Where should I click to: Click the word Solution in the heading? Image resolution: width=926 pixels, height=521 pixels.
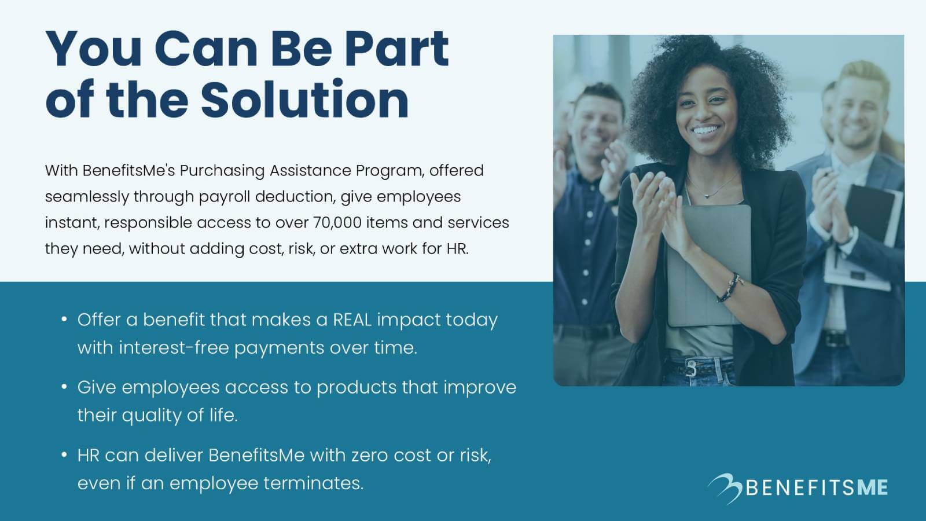coord(304,100)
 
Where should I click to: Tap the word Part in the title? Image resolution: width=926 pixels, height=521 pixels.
coord(396,49)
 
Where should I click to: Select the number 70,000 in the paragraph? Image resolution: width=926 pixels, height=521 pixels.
coord(337,223)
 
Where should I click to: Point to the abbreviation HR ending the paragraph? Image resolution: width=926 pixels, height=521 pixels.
coord(456,249)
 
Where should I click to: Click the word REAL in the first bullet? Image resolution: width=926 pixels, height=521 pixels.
coord(352,320)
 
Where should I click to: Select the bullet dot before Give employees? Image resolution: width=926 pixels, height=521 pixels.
coord(64,386)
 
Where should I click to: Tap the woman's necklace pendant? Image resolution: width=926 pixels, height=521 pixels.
coord(707,196)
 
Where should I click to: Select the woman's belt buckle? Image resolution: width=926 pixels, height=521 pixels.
coord(691,368)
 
